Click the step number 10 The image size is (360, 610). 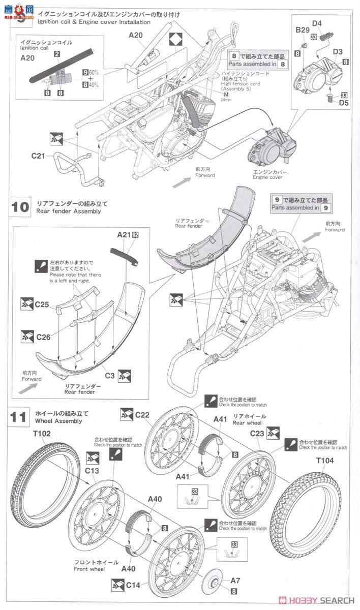pyautogui.click(x=20, y=207)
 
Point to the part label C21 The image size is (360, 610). pyautogui.click(x=39, y=156)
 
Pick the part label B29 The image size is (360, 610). pyautogui.click(x=303, y=30)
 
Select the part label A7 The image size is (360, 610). pyautogui.click(x=235, y=581)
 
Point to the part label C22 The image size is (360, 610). pyautogui.click(x=142, y=415)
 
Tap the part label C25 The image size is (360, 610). pyautogui.click(x=42, y=304)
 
